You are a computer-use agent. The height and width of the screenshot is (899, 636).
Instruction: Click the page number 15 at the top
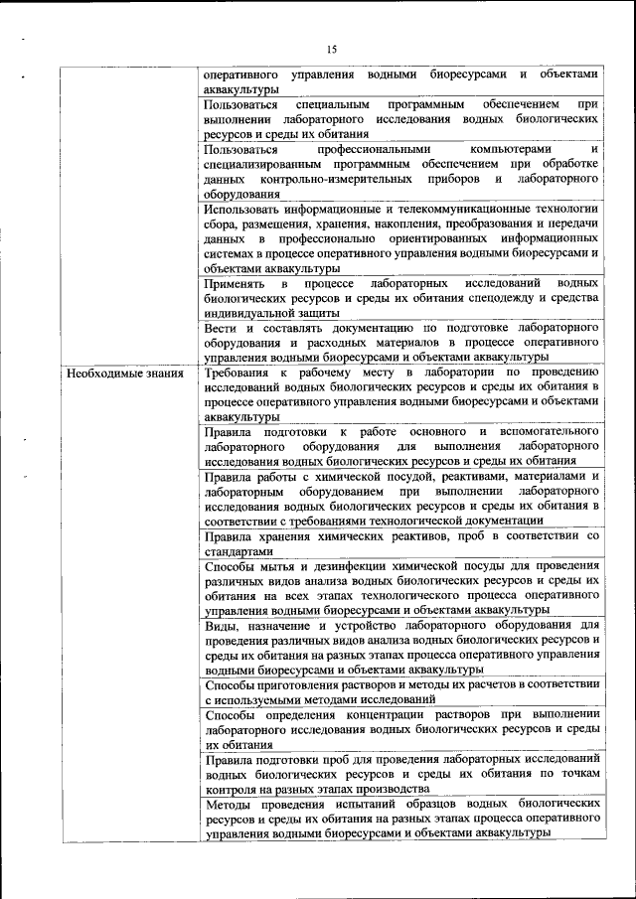(331, 49)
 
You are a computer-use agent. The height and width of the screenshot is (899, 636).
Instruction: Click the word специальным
(334, 104)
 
